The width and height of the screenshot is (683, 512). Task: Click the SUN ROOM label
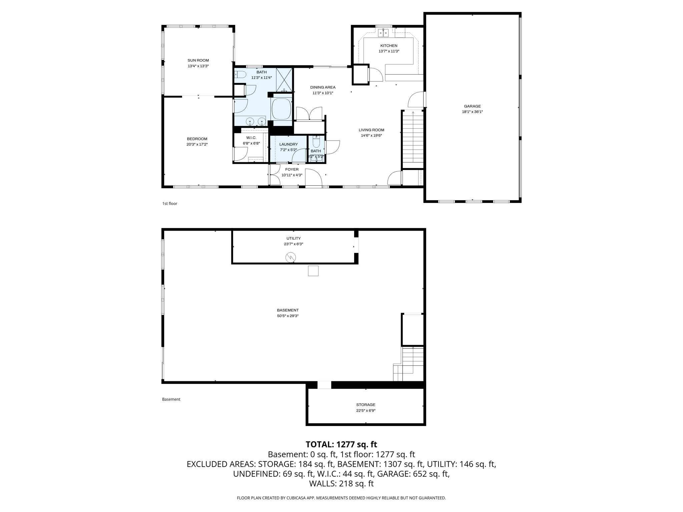198,60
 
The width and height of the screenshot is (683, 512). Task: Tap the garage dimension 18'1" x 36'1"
472,112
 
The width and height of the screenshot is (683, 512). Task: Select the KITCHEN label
389,46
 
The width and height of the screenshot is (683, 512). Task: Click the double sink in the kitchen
384,32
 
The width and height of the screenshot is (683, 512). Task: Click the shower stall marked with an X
284,80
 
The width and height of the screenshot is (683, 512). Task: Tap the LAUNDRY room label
288,144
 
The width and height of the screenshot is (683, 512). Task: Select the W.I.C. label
251,138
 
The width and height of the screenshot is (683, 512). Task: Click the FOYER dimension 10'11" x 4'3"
292,175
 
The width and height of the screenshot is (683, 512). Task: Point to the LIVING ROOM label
371,130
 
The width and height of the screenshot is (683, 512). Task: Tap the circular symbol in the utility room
290,257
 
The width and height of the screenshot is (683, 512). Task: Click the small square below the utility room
313,271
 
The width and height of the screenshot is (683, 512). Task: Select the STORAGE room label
366,405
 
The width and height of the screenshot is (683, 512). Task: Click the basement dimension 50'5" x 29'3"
287,316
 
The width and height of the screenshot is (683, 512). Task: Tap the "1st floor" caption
170,204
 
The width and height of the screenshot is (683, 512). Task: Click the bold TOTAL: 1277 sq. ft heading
341,444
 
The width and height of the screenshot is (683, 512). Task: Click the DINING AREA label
322,87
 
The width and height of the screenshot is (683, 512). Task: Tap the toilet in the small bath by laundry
316,142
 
